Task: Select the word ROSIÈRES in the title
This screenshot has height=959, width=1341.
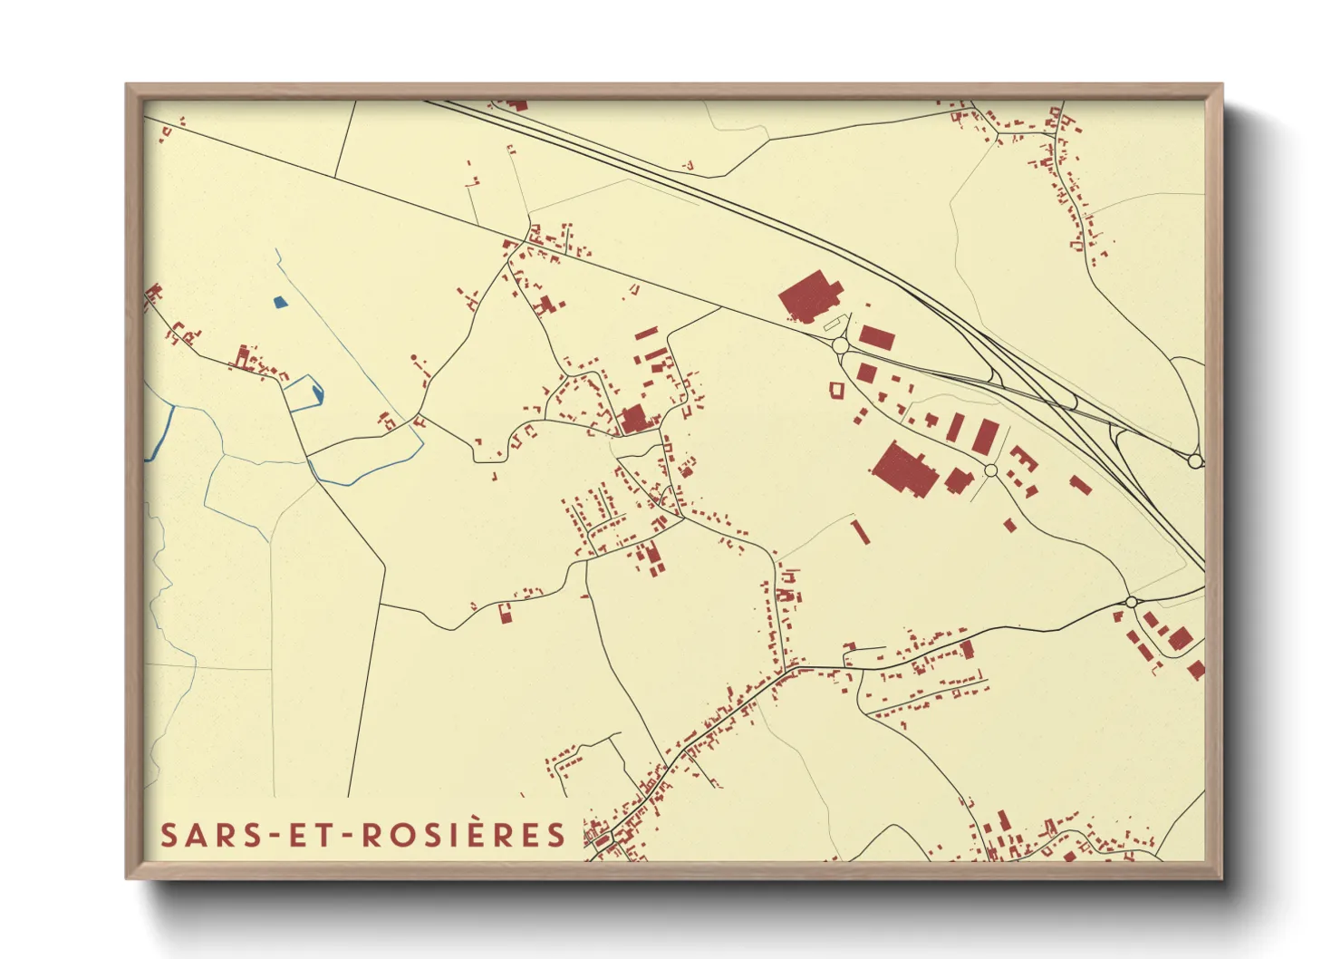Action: point(465,835)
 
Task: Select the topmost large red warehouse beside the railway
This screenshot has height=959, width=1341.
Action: point(810,295)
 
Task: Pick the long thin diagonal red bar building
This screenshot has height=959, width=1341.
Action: point(860,531)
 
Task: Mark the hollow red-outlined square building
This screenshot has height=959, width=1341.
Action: point(836,389)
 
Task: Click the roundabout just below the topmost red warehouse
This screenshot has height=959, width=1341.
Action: point(840,345)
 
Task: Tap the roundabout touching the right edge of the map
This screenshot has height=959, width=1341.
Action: point(1195,461)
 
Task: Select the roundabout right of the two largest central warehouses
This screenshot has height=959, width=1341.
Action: point(990,470)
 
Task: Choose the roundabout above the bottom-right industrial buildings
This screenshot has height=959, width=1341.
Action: point(1131,602)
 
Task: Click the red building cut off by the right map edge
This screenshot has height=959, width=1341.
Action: point(1196,671)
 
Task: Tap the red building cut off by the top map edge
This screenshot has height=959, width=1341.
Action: point(517,105)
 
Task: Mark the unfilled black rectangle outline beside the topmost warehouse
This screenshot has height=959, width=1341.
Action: point(832,322)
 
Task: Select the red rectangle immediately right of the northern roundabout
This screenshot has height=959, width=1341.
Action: point(876,338)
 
